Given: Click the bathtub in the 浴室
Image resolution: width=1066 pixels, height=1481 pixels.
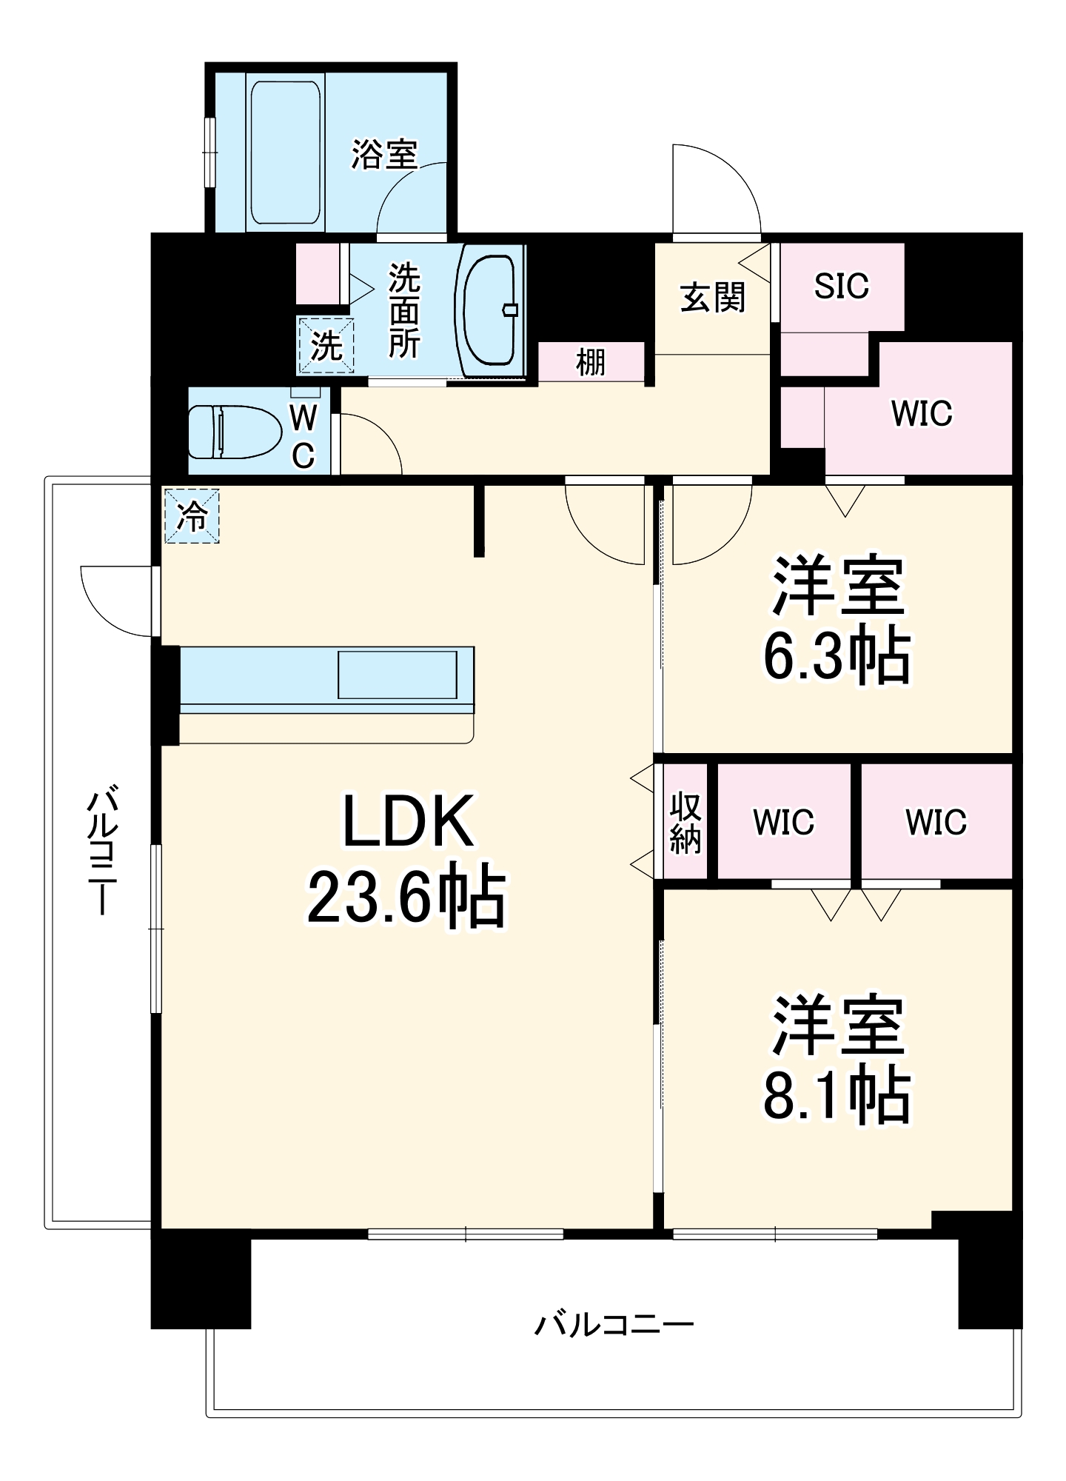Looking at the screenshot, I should (x=286, y=153).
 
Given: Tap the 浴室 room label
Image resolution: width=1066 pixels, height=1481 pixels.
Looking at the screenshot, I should (x=384, y=155).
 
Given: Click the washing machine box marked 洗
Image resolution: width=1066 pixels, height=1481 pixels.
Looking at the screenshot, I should (x=326, y=345).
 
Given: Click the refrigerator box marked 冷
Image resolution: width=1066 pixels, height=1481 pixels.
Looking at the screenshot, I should (x=192, y=516).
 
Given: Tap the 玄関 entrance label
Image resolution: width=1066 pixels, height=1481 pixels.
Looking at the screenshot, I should (x=712, y=298).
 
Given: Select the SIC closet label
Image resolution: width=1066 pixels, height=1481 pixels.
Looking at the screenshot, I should (x=842, y=287).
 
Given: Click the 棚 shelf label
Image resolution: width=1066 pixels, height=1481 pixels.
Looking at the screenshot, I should (x=590, y=363).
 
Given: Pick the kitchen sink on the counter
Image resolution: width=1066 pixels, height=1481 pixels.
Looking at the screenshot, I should (x=398, y=675).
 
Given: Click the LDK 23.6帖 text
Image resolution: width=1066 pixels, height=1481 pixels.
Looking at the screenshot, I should (x=406, y=859).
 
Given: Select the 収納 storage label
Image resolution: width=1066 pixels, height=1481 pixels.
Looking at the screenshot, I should (x=685, y=822).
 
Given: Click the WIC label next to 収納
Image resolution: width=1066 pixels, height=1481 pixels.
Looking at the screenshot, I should (x=783, y=822).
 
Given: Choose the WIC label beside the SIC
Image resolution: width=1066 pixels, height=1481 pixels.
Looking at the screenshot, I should (x=922, y=413).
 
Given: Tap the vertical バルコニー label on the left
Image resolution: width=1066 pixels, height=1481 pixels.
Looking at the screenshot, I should (x=101, y=852).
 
